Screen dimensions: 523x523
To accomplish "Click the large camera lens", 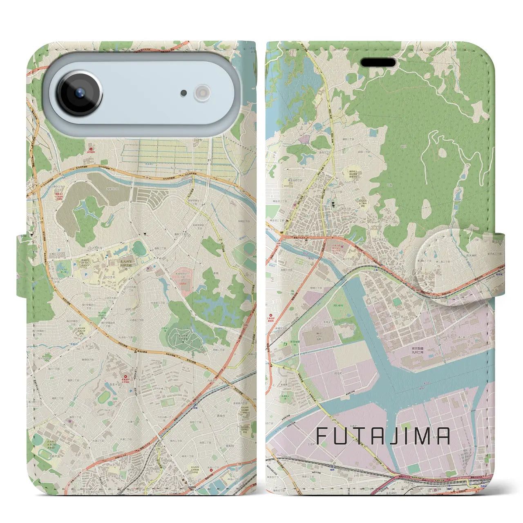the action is coord(80,93).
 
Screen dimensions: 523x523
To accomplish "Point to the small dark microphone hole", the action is coord(184,93).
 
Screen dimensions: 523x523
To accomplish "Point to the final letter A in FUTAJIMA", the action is coord(443,436).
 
